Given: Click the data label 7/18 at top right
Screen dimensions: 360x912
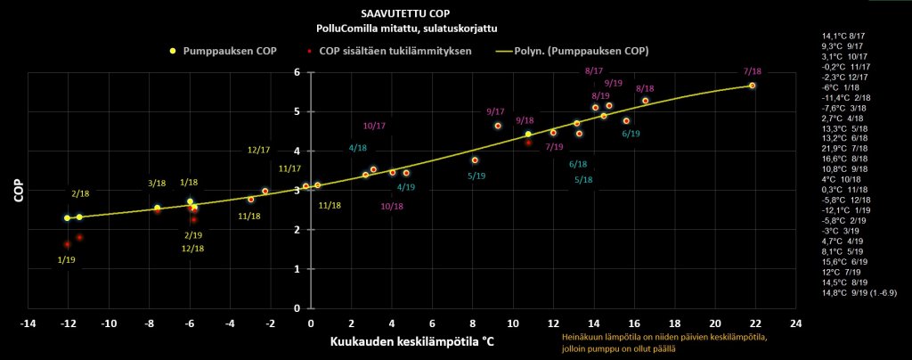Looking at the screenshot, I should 753,71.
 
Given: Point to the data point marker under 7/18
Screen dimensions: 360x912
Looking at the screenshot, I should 753,86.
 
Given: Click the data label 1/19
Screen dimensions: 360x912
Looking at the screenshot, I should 66,259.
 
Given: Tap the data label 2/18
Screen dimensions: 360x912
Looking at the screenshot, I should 80,193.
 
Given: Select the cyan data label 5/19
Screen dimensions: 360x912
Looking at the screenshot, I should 476,176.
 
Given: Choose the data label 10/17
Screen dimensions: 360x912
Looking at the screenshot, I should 374,126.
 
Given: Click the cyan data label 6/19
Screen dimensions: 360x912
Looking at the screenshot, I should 631,133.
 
